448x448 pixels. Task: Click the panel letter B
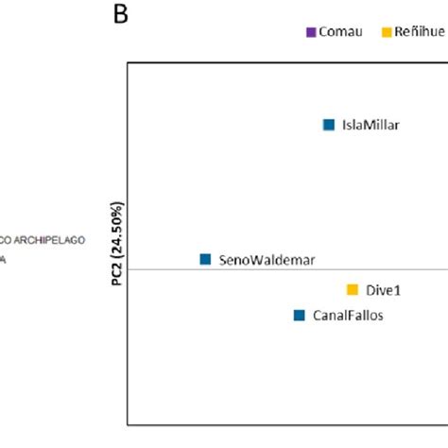[122, 16]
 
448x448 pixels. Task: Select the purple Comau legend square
[311, 32]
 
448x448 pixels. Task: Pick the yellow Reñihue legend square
[387, 32]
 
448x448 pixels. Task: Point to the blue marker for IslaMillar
[329, 124]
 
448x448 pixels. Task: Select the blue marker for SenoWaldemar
[205, 259]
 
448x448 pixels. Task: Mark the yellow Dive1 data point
[353, 290]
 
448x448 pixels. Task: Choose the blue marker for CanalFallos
[299, 316]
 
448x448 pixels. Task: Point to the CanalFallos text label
[348, 316]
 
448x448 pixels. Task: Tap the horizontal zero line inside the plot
[284, 269]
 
